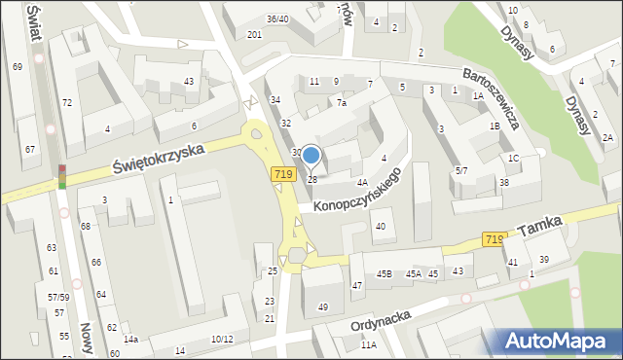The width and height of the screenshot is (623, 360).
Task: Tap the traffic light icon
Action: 62,176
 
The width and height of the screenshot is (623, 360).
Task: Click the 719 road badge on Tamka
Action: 494,239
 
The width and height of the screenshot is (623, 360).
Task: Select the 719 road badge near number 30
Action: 283,173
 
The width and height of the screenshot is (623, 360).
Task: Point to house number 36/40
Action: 277,18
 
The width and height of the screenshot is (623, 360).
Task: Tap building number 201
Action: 254,35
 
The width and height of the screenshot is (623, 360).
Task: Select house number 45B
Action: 385,273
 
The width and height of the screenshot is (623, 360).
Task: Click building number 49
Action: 323,307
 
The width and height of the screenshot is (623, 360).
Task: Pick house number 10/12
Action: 222,339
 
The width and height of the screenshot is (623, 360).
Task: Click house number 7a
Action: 342,103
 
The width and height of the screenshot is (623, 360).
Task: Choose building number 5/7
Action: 461,170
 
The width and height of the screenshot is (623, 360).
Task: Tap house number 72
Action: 66,102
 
